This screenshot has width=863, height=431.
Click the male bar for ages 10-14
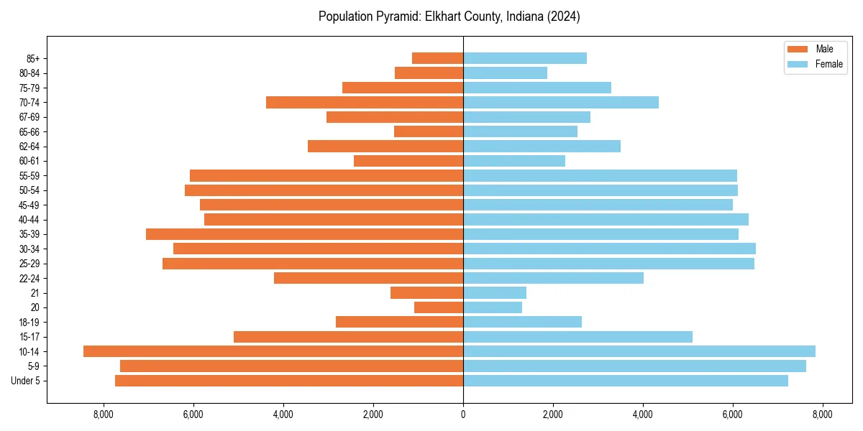pyautogui.click(x=273, y=351)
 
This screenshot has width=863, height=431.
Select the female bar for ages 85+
pyautogui.click(x=525, y=58)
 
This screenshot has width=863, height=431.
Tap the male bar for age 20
pyautogui.click(x=439, y=307)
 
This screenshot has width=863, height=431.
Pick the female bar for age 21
pyautogui.click(x=495, y=292)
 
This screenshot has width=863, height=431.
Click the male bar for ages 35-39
pyautogui.click(x=304, y=234)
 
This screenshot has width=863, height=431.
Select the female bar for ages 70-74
pyautogui.click(x=561, y=102)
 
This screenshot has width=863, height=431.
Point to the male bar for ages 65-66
pyautogui.click(x=429, y=131)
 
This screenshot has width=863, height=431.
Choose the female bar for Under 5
pyautogui.click(x=626, y=381)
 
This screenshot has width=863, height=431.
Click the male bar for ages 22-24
pyautogui.click(x=368, y=278)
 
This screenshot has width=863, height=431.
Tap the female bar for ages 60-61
pyautogui.click(x=514, y=161)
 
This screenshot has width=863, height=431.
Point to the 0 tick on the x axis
pyautogui.click(x=463, y=414)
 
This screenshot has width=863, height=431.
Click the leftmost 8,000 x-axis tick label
pyautogui.click(x=104, y=414)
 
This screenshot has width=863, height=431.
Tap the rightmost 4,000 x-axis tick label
pyautogui.click(x=643, y=414)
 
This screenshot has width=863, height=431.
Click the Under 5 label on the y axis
pyautogui.click(x=25, y=381)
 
